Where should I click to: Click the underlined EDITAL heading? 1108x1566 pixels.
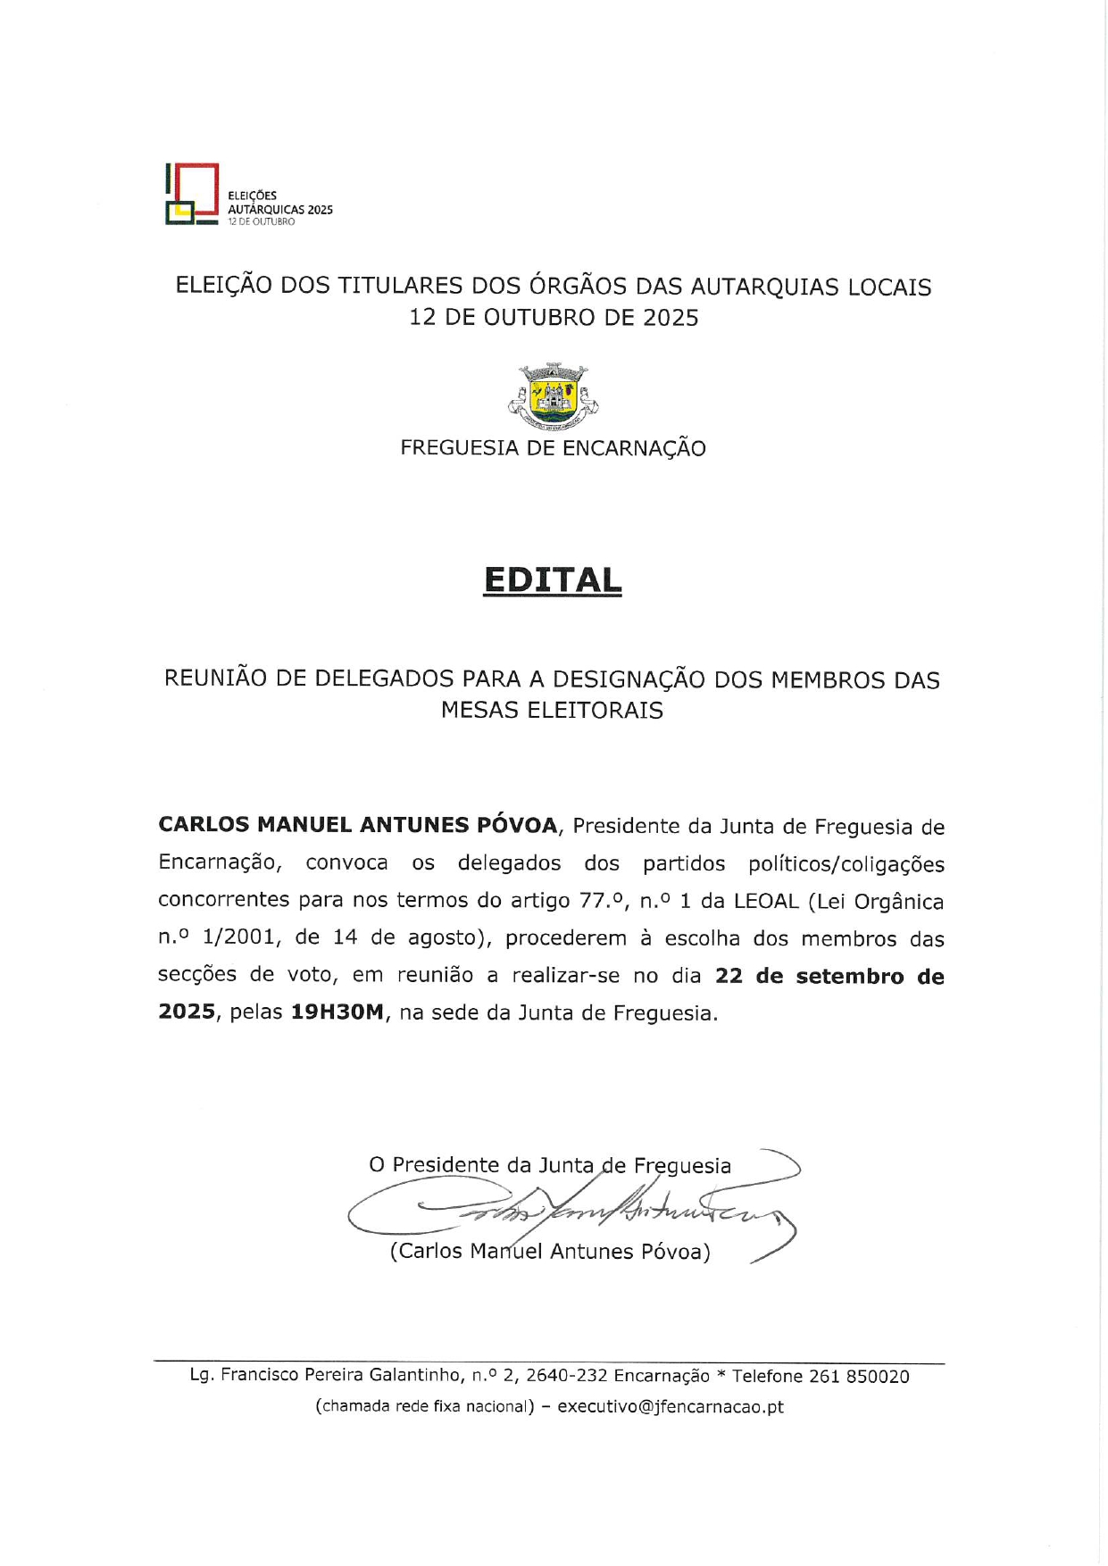click(552, 580)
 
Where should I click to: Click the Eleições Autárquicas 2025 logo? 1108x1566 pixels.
click(248, 195)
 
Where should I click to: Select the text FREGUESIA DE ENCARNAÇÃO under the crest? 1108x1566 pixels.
click(553, 448)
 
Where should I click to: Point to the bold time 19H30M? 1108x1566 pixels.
click(337, 1013)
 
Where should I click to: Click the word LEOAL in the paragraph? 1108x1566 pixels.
click(766, 901)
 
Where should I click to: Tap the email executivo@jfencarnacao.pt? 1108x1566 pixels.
click(671, 1406)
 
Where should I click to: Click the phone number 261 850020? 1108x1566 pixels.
click(859, 1376)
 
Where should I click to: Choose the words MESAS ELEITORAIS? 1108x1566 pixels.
click(552, 711)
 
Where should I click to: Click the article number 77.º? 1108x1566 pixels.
click(603, 901)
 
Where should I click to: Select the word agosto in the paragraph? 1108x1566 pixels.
click(446, 938)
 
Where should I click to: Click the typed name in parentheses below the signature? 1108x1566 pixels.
click(550, 1251)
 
